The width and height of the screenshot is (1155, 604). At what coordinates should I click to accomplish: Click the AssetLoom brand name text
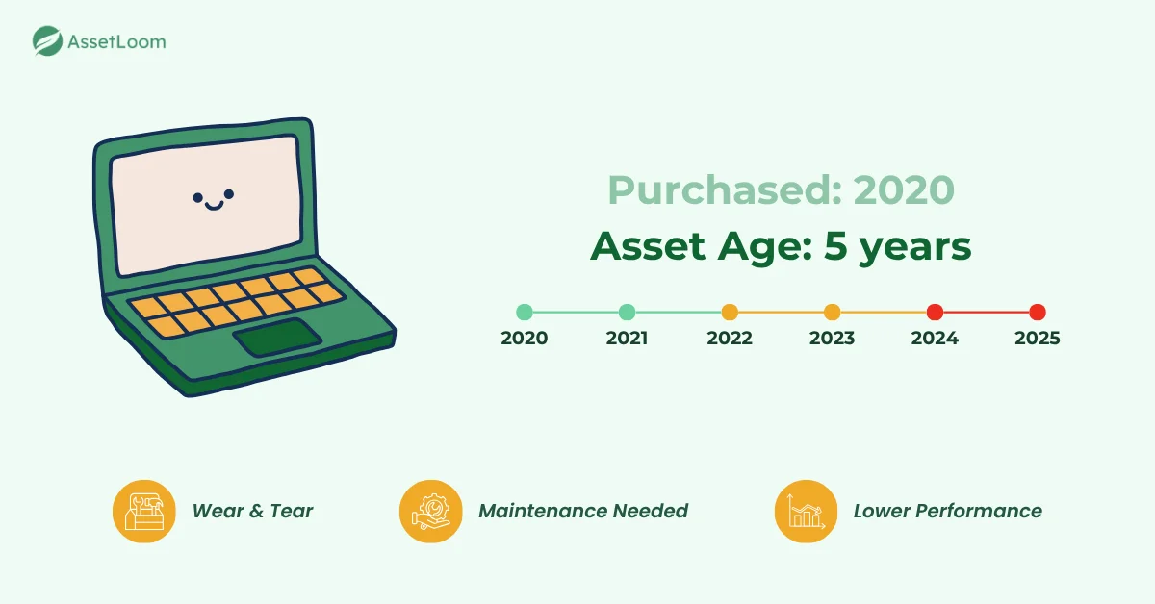coord(116,41)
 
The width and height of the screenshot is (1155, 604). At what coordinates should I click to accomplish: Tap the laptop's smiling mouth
coord(214,204)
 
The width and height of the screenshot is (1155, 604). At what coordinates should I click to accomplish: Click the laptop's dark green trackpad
coord(278,337)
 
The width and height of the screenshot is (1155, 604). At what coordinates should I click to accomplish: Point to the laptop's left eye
coord(198,198)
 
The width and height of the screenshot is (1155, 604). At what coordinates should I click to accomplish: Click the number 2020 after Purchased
coord(904,190)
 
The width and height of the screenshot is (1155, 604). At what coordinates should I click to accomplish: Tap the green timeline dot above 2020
coord(525,312)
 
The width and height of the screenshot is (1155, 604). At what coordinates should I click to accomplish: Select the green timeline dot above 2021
coord(627,312)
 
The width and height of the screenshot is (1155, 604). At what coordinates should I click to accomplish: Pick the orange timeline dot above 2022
coord(730,312)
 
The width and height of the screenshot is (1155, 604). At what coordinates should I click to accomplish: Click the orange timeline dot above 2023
coord(832,312)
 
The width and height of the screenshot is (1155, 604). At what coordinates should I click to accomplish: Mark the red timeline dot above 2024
coord(935,312)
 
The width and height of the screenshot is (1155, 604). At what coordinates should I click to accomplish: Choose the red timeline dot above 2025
coord(1037,312)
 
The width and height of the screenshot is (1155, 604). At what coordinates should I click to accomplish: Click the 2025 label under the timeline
coord(1037,339)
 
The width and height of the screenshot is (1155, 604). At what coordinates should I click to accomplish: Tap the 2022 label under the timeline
coord(730,339)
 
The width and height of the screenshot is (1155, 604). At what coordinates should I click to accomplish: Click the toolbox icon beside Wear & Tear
coord(143,511)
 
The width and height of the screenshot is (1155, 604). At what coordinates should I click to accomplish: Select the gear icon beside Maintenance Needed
coord(430,511)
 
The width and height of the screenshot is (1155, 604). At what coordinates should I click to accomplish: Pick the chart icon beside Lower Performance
coord(806,511)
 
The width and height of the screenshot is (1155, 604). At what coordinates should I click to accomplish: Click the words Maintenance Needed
coord(583,511)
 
